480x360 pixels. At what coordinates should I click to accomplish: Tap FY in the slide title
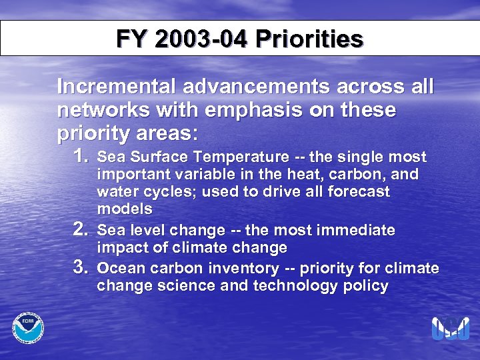click(x=131, y=39)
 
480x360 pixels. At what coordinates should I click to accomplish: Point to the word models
click(x=125, y=209)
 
